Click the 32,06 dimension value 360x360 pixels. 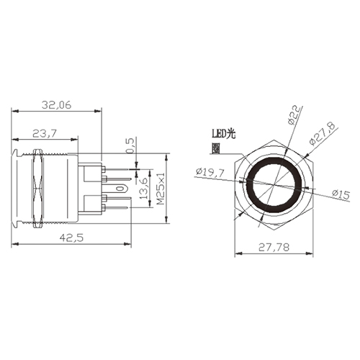[57, 105]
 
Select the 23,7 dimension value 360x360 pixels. [45, 133]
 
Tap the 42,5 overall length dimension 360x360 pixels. [71, 238]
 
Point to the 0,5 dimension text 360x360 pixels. [130, 145]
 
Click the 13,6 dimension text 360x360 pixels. [144, 189]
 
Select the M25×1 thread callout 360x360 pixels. [161, 189]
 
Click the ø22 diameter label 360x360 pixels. [294, 115]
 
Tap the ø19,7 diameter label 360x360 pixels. [210, 172]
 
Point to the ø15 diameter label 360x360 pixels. [341, 194]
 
